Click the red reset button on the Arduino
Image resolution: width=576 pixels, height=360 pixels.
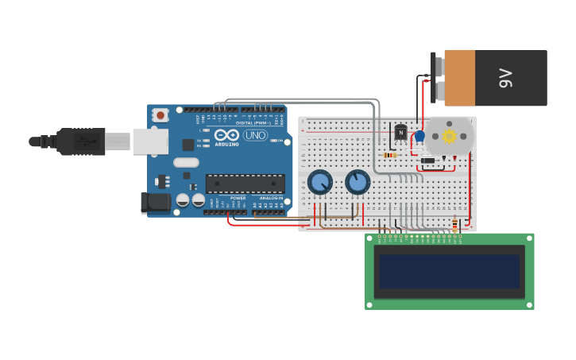click(160, 115)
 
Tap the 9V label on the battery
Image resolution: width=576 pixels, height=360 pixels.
click(505, 78)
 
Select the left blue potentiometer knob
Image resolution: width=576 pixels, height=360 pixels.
click(319, 183)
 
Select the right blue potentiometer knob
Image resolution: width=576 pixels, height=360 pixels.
click(358, 182)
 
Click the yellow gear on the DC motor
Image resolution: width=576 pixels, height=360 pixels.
click(449, 136)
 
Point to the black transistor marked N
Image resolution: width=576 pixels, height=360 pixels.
click(400, 132)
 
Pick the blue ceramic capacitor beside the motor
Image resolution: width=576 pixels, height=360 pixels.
click(419, 137)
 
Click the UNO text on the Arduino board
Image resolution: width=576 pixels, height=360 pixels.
click(254, 135)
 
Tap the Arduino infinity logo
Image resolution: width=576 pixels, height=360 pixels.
click(226, 135)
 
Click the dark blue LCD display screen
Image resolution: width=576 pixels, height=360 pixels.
click(449, 271)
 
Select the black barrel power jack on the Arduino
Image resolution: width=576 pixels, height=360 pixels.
click(156, 203)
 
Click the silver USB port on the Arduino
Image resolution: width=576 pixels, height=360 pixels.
click(150, 141)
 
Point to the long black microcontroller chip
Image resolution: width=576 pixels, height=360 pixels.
click(245, 184)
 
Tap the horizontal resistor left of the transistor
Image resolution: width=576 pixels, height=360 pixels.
click(390, 155)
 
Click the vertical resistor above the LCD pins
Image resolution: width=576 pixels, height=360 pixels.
click(454, 225)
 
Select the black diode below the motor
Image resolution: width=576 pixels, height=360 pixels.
click(427, 161)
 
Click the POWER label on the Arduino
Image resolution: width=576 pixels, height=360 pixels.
click(238, 198)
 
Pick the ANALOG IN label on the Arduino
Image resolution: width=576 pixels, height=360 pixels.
click(271, 198)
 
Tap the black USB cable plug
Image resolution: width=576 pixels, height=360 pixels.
click(79, 141)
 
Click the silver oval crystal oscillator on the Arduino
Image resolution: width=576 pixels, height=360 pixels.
click(186, 163)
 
